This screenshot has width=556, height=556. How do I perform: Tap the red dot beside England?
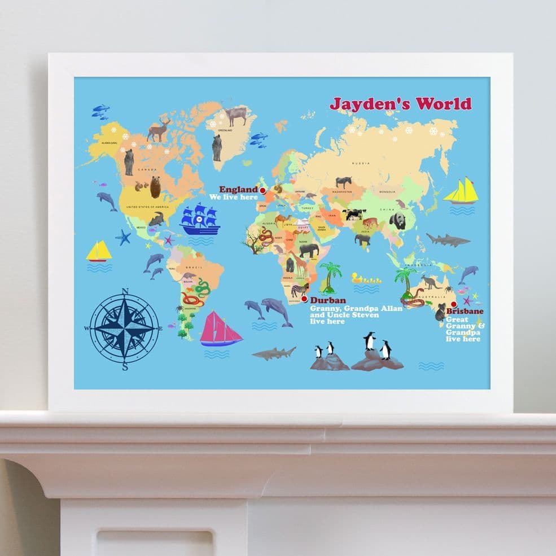click(262, 191)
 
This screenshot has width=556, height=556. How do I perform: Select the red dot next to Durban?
click(305, 300)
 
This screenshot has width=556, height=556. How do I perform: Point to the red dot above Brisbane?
click(453, 304)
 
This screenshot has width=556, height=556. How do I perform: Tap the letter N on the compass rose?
click(125, 291)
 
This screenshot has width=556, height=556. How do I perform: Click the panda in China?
click(397, 220)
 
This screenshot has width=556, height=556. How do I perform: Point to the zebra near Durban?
click(298, 291)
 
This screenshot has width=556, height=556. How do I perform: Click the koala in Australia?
click(440, 312)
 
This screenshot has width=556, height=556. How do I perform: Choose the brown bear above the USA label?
click(155, 186)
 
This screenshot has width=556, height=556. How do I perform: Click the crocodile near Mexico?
click(156, 218)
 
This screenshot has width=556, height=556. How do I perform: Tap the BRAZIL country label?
click(197, 266)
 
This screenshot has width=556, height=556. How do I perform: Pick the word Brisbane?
click(465, 311)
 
